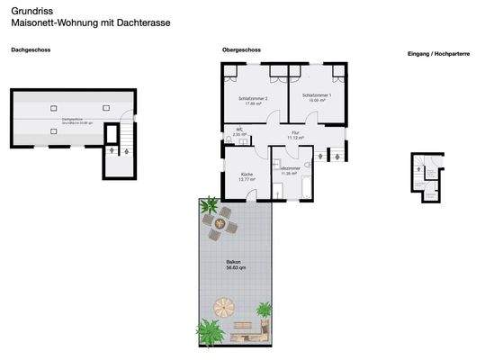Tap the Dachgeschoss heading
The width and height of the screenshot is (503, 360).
tap(31, 50)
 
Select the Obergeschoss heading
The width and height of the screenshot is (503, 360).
tap(241, 50)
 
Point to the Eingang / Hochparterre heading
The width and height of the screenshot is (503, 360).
tap(437, 54)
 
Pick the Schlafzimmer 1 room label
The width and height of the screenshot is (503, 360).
tap(318, 97)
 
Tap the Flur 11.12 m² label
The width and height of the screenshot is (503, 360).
tap(295, 135)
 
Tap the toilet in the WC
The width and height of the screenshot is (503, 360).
tap(229, 138)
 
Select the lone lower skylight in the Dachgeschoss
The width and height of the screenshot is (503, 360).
tap(54, 131)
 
